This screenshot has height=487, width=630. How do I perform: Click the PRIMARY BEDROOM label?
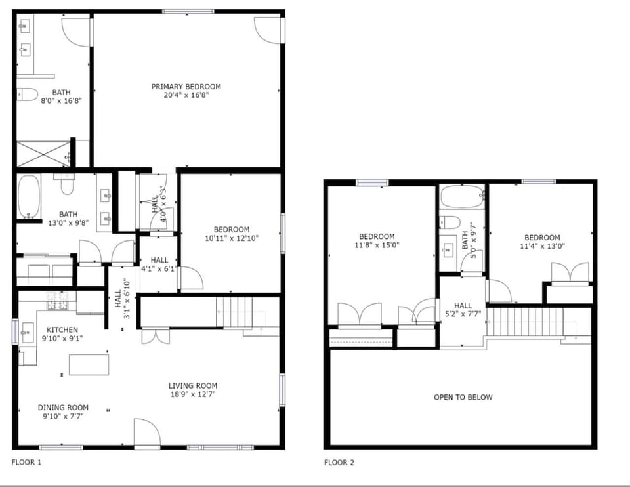186,87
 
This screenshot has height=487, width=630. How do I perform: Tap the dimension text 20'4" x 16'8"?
186,95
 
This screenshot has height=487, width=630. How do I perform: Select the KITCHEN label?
62,329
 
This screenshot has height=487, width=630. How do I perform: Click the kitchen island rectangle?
89,364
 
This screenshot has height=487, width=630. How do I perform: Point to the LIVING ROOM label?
193,386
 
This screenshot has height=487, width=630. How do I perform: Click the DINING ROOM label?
63,408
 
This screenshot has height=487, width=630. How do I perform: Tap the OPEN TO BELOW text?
463,397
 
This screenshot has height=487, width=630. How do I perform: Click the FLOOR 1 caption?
26,463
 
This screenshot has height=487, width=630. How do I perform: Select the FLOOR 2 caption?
339,463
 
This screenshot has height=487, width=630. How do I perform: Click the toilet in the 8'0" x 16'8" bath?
26,95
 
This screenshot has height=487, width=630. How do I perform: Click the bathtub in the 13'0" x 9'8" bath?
28,196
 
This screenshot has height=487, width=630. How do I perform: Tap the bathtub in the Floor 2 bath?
462,197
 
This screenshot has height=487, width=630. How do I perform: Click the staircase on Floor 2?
524,322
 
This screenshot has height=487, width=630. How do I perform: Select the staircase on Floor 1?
234,311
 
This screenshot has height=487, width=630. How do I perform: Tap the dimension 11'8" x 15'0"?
377,245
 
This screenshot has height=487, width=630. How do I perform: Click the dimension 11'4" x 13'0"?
541,246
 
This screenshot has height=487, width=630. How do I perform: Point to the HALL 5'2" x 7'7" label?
463,309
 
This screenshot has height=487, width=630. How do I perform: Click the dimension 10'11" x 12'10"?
231,238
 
